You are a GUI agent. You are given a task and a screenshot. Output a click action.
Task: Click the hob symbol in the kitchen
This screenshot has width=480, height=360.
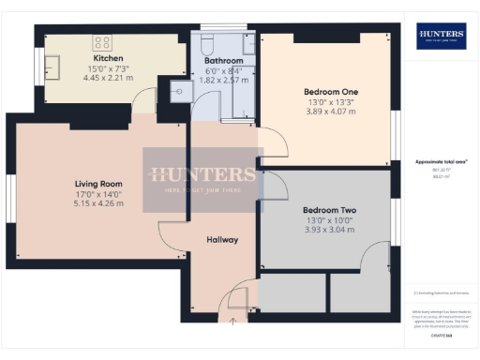point(102,42)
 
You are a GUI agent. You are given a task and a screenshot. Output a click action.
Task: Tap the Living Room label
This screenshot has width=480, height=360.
point(100,184)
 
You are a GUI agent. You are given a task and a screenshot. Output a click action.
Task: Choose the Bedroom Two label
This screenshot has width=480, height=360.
point(327,211)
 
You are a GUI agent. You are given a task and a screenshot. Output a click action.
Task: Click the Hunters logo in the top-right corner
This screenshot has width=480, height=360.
point(441,37)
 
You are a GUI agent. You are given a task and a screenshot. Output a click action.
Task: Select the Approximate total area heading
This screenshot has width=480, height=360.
point(441,161)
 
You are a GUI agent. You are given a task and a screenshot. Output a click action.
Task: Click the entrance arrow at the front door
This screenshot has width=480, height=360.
point(233,322)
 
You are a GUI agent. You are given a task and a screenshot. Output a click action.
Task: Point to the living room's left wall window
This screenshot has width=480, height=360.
point(10,199)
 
